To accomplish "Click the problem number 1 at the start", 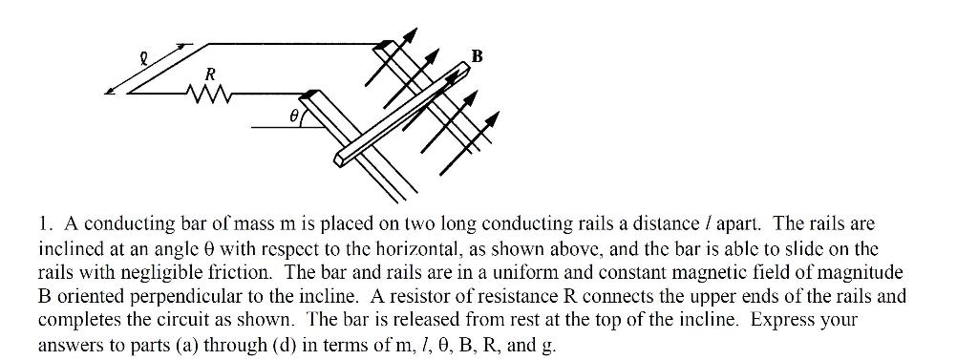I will [x=44, y=224].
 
